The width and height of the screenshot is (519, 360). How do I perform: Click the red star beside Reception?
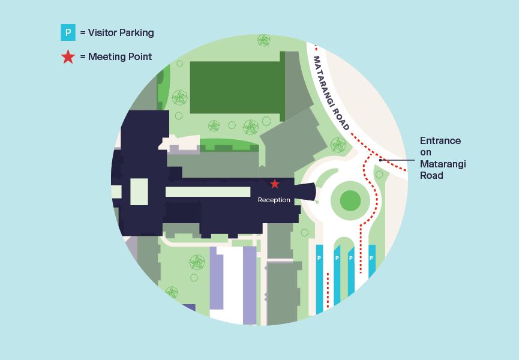pos(275,184)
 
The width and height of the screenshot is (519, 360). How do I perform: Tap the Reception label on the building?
pos(274,200)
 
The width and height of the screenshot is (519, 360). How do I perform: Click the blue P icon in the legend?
pos(68,32)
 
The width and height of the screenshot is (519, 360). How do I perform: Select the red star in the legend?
pos(68,57)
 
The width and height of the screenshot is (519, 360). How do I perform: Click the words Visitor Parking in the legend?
pos(121,33)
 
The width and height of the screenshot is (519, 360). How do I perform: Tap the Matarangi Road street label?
pos(331,93)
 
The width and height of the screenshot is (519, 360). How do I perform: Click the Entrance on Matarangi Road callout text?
pos(442,158)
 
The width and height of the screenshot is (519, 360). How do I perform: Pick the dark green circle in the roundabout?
pos(350,200)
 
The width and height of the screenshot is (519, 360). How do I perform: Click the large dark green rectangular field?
pos(235,87)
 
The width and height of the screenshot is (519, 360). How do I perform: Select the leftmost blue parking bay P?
pos(319,258)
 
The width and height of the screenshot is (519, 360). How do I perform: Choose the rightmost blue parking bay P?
pos(372,257)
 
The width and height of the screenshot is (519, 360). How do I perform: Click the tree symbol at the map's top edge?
pos(263,40)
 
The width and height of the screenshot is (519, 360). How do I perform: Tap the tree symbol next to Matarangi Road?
pos(338,145)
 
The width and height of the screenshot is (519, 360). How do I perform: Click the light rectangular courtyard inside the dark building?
pos(139,192)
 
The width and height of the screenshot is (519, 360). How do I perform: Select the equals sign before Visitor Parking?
pos(83,33)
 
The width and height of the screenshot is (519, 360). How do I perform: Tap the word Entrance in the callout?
pos(440,140)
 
